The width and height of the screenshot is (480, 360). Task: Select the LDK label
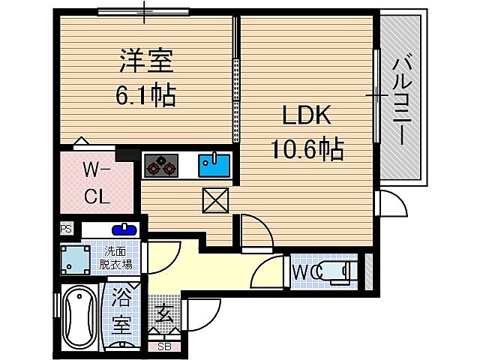click(x=306, y=116)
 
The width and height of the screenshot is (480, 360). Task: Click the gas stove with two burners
click(x=160, y=164)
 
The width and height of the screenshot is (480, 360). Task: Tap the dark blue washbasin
click(x=122, y=229)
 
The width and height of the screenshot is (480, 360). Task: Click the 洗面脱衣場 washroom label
click(x=116, y=257)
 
